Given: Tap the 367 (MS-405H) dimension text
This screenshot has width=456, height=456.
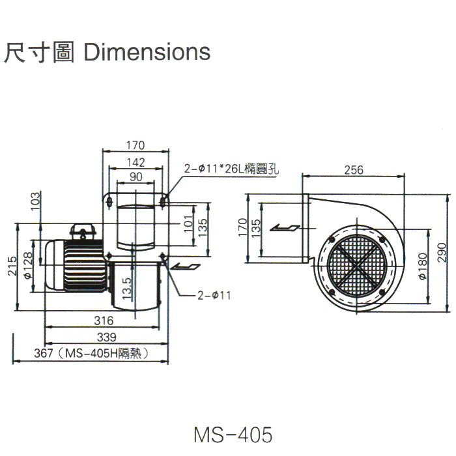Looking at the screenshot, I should tap(88, 354).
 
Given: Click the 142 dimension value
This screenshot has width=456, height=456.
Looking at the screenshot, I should tap(135, 163).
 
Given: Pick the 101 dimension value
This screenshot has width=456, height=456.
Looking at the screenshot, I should tap(188, 225).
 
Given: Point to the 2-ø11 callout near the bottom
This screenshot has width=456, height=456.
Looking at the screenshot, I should tap(214, 294).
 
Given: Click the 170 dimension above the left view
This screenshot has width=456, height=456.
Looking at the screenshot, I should tap(135, 145).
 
